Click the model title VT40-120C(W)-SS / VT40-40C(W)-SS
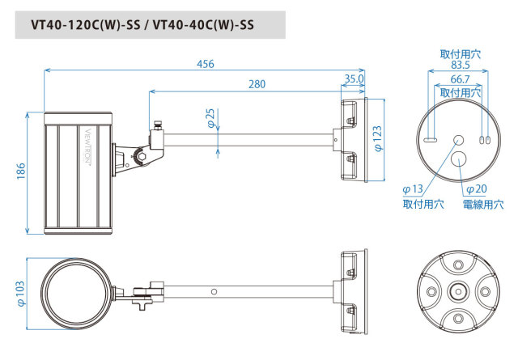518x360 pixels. pyautogui.click(x=142, y=24)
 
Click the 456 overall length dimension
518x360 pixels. pyautogui.click(x=205, y=65)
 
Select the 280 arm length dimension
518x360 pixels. pyautogui.click(x=257, y=83)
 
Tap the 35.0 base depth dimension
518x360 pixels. pyautogui.click(x=354, y=80)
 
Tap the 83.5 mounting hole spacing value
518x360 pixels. pyautogui.click(x=459, y=65)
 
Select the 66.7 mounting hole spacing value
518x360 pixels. pyautogui.click(x=459, y=80)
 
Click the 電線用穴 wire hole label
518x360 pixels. pyautogui.click(x=483, y=205)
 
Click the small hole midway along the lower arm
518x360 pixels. pyautogui.click(x=214, y=291)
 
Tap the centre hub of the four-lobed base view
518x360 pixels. pyautogui.click(x=458, y=292)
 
